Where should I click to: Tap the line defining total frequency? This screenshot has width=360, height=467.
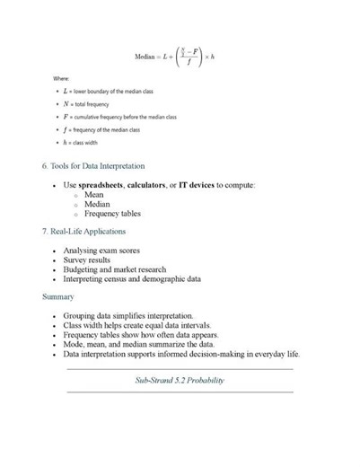point(90,104)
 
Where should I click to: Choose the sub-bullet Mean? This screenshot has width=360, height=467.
point(94,194)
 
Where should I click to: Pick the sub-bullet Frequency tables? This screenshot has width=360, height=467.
point(112,214)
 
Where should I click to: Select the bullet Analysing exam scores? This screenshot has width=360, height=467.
point(101,251)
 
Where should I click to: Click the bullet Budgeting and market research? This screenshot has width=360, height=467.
point(118,269)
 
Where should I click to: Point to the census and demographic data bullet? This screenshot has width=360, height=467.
point(132,278)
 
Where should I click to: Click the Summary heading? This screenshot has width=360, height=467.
point(58,296)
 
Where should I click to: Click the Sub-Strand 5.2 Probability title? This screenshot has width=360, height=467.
point(180,380)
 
